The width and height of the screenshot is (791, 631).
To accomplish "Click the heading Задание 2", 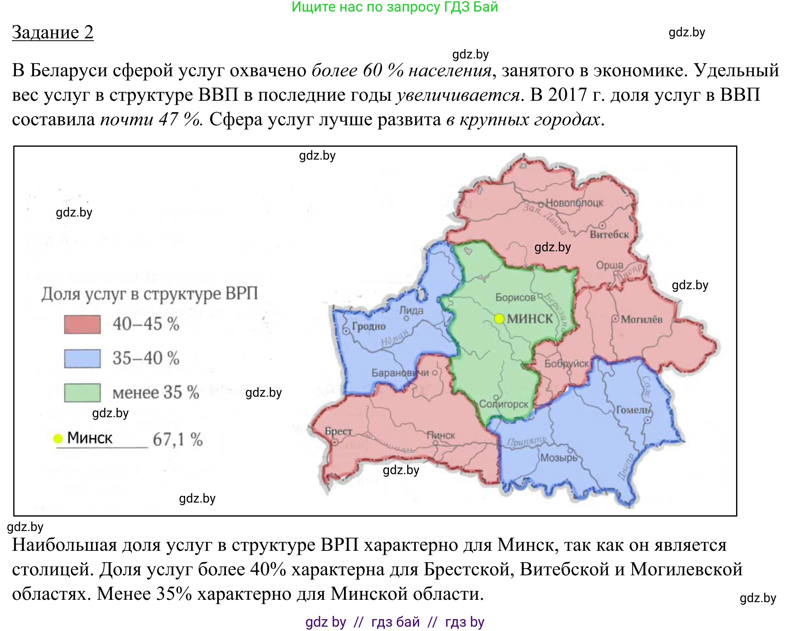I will tap(53, 32).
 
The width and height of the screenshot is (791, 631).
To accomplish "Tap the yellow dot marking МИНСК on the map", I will tap(499, 318).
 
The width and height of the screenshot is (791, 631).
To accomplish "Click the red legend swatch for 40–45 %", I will tap(82, 324).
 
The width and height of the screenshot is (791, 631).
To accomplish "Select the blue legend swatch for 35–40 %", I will tap(82, 358).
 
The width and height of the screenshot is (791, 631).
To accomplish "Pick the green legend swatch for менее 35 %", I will tap(82, 392).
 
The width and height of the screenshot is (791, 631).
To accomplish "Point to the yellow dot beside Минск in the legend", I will tap(58, 438).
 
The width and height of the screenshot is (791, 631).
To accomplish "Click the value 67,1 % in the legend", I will tap(178, 439).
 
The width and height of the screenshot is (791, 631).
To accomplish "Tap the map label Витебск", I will tap(609, 235).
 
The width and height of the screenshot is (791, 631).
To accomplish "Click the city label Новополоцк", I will tap(574, 203).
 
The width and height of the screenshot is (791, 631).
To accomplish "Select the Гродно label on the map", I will tap(368, 326).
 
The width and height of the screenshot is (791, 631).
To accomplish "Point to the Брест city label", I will tap(338, 431).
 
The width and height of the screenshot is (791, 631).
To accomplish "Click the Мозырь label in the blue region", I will tap(558, 458).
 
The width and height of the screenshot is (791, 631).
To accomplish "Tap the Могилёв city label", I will tap(641, 319).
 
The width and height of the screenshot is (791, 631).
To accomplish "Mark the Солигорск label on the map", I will tap(504, 404).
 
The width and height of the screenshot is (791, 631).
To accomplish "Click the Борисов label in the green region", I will tap(515, 297).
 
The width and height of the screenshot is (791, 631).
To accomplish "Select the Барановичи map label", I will tap(400, 373).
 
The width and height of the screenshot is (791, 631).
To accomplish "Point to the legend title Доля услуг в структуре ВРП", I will tap(150, 294).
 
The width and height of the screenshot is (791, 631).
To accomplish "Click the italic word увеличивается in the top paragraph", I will tap(458, 95).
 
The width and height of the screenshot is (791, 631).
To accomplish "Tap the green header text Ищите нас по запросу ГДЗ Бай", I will tap(395, 7).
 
